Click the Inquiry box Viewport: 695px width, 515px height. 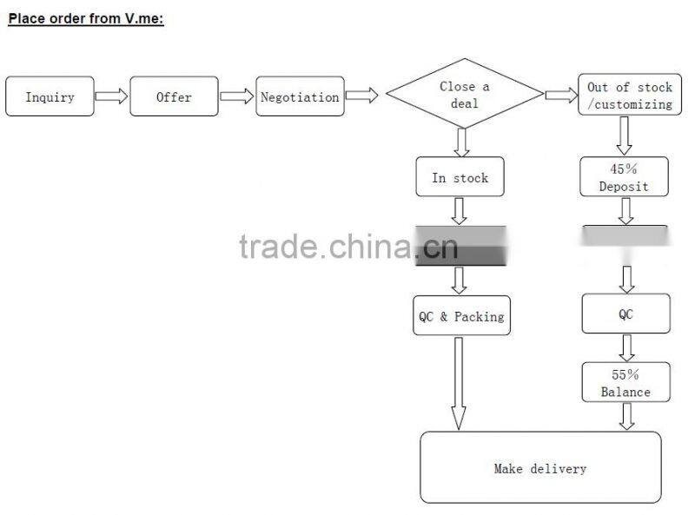[x=50, y=96]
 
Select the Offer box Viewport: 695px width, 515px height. [x=174, y=96]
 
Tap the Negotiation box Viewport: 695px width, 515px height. [x=300, y=96]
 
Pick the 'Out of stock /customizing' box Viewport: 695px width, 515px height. [x=629, y=96]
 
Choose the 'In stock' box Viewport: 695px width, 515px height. [x=460, y=177]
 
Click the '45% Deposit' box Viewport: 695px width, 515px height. [x=624, y=177]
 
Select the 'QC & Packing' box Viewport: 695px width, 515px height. [x=460, y=316]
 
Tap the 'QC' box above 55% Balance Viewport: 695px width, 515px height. [x=625, y=314]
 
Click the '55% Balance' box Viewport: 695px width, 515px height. [x=625, y=383]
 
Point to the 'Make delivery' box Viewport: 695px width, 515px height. [x=540, y=468]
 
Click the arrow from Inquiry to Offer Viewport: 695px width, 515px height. [x=111, y=96]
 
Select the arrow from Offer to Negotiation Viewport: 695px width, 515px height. [x=236, y=96]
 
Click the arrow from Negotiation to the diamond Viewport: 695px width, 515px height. [x=361, y=96]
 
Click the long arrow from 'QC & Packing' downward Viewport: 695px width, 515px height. [x=459, y=382]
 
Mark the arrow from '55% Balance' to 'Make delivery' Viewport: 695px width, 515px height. [x=626, y=416]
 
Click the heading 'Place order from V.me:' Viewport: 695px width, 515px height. [x=86, y=17]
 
